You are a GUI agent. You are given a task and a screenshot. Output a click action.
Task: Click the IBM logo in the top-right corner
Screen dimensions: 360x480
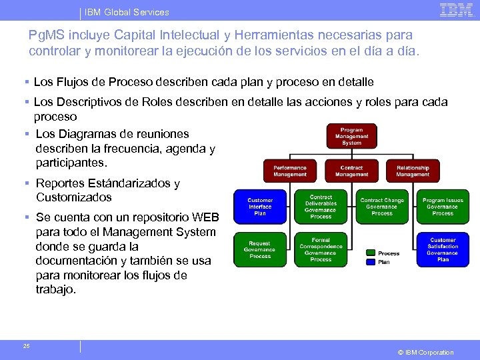click(x=456, y=10)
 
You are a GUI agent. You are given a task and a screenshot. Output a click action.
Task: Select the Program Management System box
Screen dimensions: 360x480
click(x=351, y=136)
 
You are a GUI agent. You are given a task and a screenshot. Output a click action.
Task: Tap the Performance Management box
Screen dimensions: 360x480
click(x=290, y=171)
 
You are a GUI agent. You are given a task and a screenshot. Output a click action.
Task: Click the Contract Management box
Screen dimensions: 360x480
click(x=351, y=171)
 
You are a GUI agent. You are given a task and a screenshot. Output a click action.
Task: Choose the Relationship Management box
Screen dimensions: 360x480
click(x=413, y=171)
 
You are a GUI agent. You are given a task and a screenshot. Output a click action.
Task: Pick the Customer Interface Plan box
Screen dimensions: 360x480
click(x=260, y=207)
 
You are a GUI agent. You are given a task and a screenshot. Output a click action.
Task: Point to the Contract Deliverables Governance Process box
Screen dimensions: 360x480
click(x=321, y=207)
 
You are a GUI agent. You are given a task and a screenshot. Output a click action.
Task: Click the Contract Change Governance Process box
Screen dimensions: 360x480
click(x=382, y=207)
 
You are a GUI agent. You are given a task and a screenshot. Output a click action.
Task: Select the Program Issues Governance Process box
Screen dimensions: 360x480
click(x=443, y=207)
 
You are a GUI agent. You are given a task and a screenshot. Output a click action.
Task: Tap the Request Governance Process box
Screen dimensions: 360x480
click(x=260, y=249)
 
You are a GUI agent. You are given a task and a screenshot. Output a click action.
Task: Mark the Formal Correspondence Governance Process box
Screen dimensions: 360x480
click(x=321, y=249)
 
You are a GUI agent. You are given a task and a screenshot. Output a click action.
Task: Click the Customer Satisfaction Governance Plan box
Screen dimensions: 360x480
click(x=443, y=249)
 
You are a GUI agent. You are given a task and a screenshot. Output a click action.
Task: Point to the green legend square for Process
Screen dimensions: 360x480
click(x=370, y=253)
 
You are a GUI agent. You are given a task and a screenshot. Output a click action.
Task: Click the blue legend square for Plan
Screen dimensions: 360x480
click(x=370, y=262)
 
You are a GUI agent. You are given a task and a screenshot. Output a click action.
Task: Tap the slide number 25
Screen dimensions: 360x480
click(x=26, y=345)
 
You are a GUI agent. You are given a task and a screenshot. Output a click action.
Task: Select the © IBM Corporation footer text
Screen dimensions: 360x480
click(x=425, y=352)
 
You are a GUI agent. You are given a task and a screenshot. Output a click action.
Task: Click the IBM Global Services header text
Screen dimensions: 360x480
click(x=127, y=12)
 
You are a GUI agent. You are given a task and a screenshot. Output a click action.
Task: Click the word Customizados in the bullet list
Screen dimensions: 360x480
click(x=74, y=197)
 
